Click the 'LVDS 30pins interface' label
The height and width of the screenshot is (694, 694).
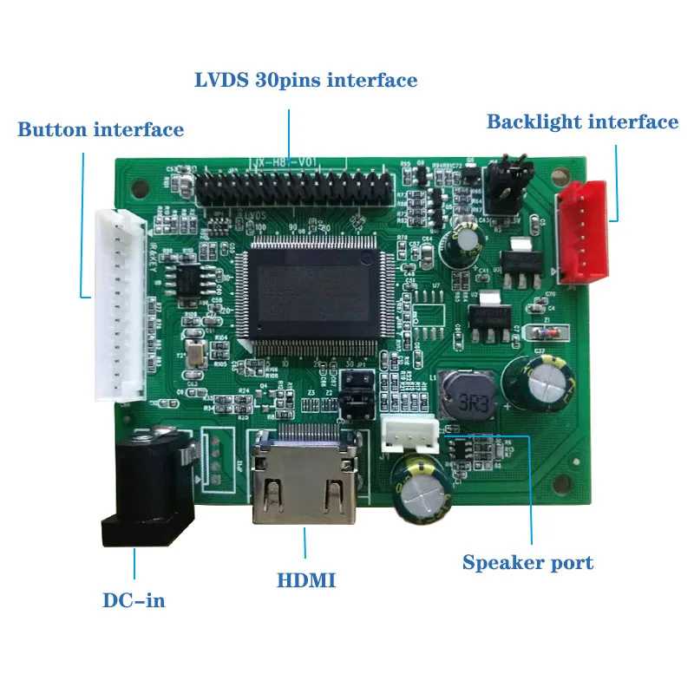[305, 81]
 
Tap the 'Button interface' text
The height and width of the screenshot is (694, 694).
[101, 130]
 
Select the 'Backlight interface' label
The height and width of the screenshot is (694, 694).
[582, 121]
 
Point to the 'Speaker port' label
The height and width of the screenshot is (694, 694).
[527, 562]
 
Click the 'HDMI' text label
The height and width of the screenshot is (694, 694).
[306, 580]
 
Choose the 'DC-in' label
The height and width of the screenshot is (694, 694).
[134, 599]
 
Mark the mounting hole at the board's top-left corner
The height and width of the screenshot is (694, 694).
[134, 184]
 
